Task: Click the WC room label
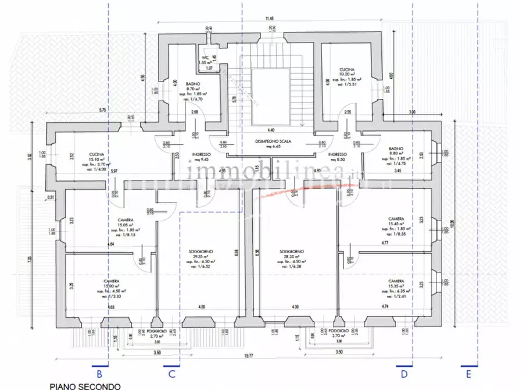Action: [x=205, y=58]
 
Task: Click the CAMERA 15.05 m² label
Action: [x=126, y=223]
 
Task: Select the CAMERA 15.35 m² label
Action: [x=396, y=283]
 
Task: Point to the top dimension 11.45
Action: [x=269, y=19]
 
